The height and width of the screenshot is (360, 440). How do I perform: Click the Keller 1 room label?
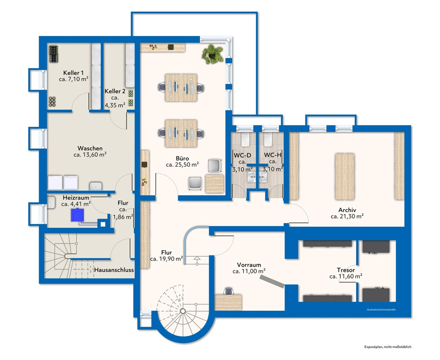pos(73,73)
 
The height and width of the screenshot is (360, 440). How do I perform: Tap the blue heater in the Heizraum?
pos(77,215)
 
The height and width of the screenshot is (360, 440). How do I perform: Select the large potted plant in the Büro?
pos(212,54)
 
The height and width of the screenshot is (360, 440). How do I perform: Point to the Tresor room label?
pos(346,270)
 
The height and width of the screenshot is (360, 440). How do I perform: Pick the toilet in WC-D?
pos(245,139)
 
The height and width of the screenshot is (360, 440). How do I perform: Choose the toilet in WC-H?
pos(268,139)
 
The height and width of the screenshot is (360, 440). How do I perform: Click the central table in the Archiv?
pos(345,177)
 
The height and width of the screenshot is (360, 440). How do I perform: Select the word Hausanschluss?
pos(114,270)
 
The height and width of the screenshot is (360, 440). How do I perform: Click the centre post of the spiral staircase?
pos(183,311)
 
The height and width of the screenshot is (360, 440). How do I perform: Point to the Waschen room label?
pos(90,148)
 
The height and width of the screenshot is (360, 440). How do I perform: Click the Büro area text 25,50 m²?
pos(186,164)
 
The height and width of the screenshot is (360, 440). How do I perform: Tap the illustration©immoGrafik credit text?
pos(381,310)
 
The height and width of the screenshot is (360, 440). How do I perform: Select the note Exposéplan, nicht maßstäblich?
pos(388,347)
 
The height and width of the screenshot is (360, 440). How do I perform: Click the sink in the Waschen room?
pos(96,186)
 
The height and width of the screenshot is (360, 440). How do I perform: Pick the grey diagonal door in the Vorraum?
pos(272,281)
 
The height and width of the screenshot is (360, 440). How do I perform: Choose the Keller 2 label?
pos(115,91)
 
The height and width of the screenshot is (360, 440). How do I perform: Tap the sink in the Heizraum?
pos(51,203)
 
